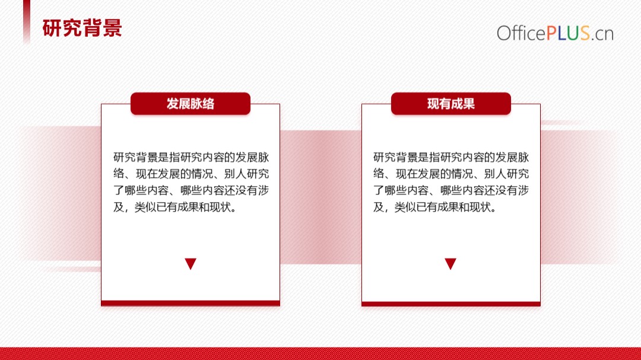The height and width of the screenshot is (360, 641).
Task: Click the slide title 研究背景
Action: tap(82, 28)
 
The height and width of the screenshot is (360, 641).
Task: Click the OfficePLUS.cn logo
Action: tap(555, 33)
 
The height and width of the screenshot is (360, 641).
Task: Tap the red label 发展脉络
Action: tap(191, 104)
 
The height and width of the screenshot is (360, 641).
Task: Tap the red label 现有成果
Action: tap(451, 104)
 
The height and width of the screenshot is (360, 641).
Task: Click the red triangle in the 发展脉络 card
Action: tap(191, 263)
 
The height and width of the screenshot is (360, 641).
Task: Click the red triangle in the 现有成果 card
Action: tap(450, 263)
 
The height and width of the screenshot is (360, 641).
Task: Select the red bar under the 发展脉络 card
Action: tap(191, 303)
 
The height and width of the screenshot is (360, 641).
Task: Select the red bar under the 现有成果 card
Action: tap(451, 304)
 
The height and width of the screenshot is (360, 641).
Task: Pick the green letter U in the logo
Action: tap(573, 33)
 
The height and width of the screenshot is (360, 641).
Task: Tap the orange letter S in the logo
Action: tap(585, 33)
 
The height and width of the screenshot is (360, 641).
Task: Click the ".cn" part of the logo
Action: tap(602, 35)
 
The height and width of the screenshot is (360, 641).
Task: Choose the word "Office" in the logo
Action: tap(521, 33)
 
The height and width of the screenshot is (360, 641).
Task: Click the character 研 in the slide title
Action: tap(52, 28)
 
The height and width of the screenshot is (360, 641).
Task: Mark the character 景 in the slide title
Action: tap(112, 28)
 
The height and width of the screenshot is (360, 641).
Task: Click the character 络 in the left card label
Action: tap(208, 104)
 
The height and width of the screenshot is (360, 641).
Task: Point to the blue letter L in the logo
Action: tap(562, 33)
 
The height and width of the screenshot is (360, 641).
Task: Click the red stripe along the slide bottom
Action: tap(320, 353)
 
